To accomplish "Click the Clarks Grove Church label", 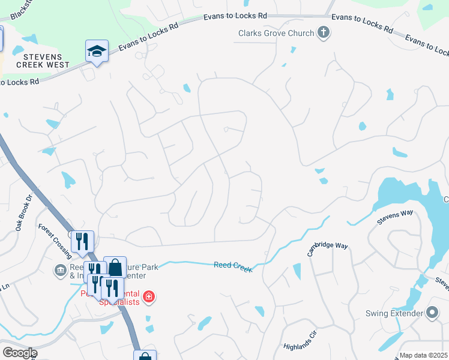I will (276, 33).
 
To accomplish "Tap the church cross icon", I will (324, 32).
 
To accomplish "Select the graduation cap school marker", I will (96, 52).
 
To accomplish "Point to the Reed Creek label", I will (233, 265).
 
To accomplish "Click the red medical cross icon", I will (148, 297).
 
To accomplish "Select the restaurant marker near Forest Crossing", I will (82, 242).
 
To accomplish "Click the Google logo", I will (19, 353).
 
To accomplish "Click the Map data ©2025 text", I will (423, 355).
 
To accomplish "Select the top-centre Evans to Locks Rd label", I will (236, 17).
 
